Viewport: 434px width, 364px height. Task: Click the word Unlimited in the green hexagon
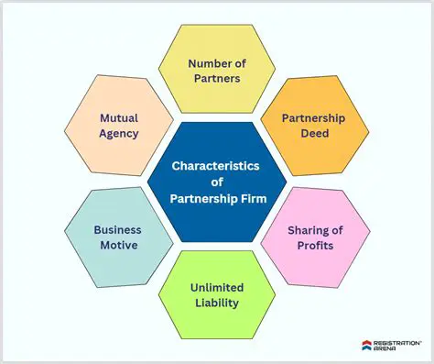point(216,288)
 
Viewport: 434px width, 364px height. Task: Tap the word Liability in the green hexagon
point(216,303)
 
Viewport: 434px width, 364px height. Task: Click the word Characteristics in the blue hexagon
point(216,166)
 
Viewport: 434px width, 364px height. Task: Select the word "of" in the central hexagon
point(216,182)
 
